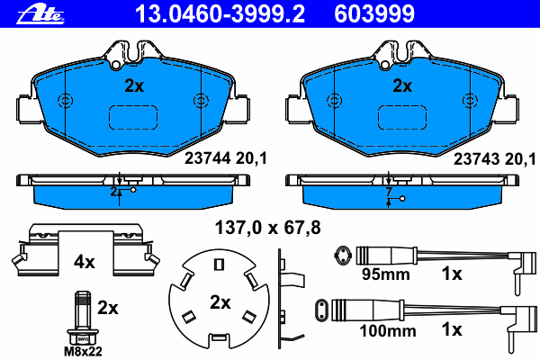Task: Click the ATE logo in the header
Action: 40,14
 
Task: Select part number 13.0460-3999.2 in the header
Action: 220,14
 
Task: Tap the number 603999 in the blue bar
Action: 374,14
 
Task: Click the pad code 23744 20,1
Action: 226,158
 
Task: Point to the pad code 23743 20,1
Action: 494,159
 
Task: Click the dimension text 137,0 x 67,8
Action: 268,228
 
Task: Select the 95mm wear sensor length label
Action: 386,274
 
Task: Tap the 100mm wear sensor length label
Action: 388,331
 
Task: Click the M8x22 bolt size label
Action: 83,351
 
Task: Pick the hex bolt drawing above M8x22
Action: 83,318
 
